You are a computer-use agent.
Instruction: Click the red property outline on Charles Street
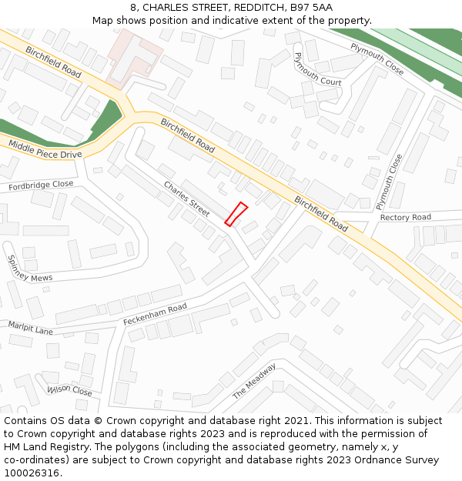pyautogui.click(x=236, y=214)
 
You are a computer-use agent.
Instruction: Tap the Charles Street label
pyautogui.click(x=186, y=198)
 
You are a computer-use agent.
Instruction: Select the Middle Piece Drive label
pyautogui.click(x=44, y=149)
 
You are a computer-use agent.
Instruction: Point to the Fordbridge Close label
pyautogui.click(x=41, y=185)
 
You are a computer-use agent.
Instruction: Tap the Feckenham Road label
pyautogui.click(x=155, y=314)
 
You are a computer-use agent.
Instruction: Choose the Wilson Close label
pyautogui.click(x=69, y=391)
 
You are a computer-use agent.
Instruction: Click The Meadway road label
pyautogui.click(x=254, y=380)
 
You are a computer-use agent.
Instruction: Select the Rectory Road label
pyautogui.click(x=405, y=218)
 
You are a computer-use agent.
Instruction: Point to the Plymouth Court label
pyautogui.click(x=317, y=69)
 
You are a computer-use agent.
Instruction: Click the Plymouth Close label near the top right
pyautogui.click(x=377, y=58)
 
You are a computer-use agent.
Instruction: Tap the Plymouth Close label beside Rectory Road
pyautogui.click(x=389, y=182)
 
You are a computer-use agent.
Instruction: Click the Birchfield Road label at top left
pyautogui.click(x=53, y=61)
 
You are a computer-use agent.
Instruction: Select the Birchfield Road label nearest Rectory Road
pyautogui.click(x=321, y=213)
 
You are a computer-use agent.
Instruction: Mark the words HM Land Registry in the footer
pyautogui.click(x=47, y=446)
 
